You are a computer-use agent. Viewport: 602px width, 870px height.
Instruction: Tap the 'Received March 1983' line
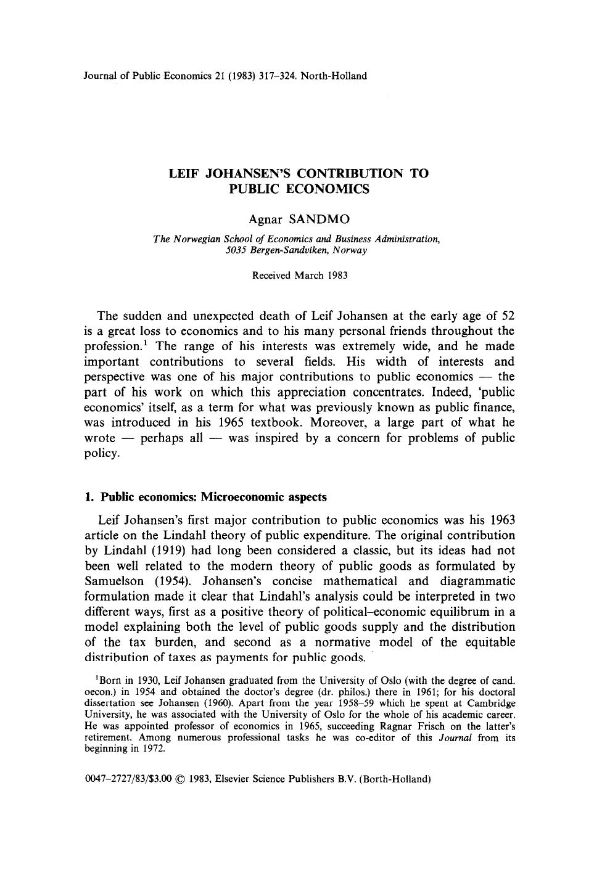(300, 275)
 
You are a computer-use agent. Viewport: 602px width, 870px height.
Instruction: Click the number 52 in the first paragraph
(507, 316)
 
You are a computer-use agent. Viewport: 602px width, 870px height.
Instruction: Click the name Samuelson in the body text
(113, 581)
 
